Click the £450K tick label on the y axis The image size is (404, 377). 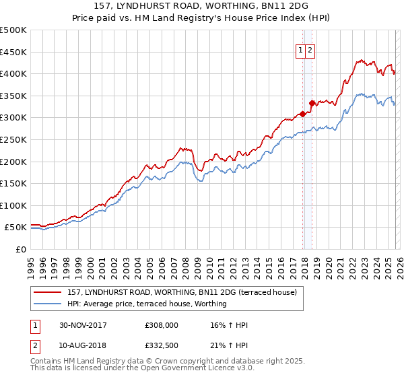[14, 52]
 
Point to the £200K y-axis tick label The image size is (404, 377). [14, 162]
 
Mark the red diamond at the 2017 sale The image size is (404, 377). [303, 114]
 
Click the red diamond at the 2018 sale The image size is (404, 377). [312, 103]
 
